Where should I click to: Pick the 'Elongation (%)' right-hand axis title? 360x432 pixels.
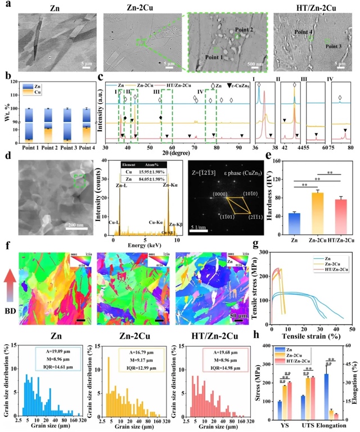coord(355,384)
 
